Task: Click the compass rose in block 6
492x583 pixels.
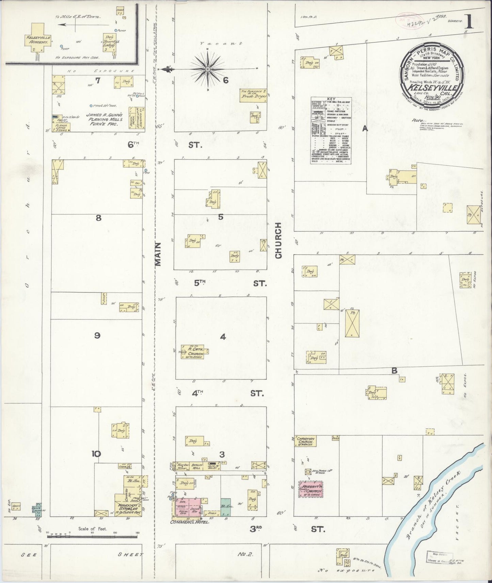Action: pyautogui.click(x=207, y=69)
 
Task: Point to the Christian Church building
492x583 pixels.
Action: pyautogui.click(x=305, y=441)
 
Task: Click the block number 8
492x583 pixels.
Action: pyautogui.click(x=98, y=218)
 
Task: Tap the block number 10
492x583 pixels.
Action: pyautogui.click(x=96, y=454)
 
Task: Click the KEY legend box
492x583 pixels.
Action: pyautogui.click(x=331, y=131)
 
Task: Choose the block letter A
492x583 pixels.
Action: pyautogui.click(x=365, y=128)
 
